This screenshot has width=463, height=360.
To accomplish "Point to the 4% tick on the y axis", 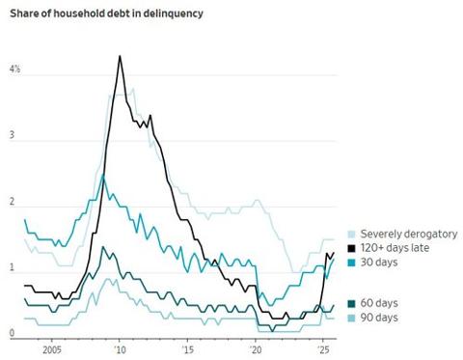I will click(14, 71).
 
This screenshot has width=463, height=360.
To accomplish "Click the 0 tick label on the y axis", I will click(13, 334).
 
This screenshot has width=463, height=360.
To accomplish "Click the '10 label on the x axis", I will click(120, 349).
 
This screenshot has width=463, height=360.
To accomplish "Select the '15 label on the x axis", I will click(187, 349).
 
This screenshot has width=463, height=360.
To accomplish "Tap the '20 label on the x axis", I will click(256, 349).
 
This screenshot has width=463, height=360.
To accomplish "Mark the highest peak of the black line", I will click(120, 56).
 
